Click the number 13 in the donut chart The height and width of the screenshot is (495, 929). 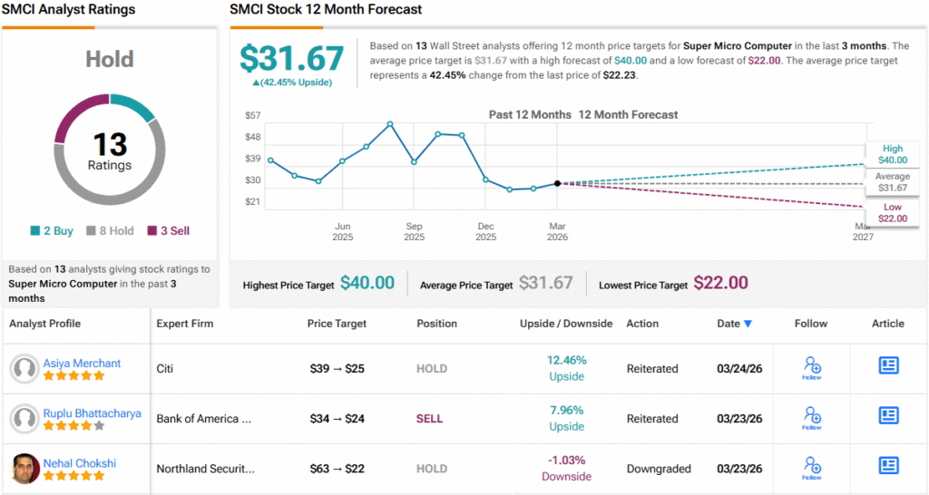point(110,144)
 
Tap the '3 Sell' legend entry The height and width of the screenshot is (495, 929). point(168,231)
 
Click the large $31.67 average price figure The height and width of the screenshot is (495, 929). point(292,59)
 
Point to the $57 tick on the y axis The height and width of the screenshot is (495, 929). point(253,115)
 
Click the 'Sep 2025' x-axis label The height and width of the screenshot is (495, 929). point(414,232)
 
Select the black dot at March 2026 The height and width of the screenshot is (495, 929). point(557,183)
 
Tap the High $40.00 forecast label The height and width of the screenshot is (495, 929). point(892,154)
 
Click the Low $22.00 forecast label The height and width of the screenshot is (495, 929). point(892,213)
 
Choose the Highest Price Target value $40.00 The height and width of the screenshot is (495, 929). point(367,284)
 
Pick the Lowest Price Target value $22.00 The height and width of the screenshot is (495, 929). point(721,284)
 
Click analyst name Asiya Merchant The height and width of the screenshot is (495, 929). point(82,364)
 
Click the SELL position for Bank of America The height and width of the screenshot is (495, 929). point(429,419)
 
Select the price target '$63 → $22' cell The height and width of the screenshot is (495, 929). point(337,469)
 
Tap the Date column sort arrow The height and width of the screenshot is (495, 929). point(748,324)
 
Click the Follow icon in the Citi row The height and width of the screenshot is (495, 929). point(812,367)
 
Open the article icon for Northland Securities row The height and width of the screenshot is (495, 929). point(888,466)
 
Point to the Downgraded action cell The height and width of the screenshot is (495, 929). point(658,469)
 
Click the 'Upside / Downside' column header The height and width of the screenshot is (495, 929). point(566,324)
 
